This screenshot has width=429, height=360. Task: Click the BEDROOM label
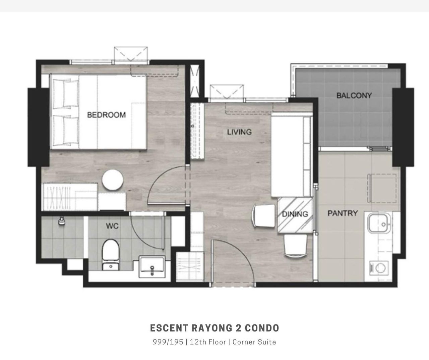pyautogui.click(x=107, y=115)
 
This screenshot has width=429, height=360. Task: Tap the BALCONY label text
pyautogui.click(x=354, y=95)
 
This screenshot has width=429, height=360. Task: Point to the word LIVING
pyautogui.click(x=239, y=132)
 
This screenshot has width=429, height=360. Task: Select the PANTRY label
pyautogui.click(x=343, y=213)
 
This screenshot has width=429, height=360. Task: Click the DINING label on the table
pyautogui.click(x=295, y=214)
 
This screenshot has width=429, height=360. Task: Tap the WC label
pyautogui.click(x=112, y=226)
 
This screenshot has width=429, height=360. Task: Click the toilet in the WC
pyautogui.click(x=111, y=255)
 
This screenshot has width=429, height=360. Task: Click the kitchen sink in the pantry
pyautogui.click(x=379, y=223)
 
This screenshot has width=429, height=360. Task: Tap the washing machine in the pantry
pyautogui.click(x=379, y=268)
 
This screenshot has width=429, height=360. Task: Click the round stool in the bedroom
pyautogui.click(x=113, y=180)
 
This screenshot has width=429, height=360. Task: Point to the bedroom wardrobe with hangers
pyautogui.click(x=69, y=197)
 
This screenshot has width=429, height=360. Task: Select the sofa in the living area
pyautogui.click(x=292, y=155)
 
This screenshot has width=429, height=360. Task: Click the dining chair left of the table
pyautogui.click(x=264, y=216)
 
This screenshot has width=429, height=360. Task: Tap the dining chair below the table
pyautogui.click(x=296, y=246)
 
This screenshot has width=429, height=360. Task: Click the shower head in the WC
pyautogui.click(x=61, y=221)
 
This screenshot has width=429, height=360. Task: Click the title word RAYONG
pyautogui.click(x=212, y=328)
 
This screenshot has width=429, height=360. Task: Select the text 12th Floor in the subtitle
pyautogui.click(x=208, y=342)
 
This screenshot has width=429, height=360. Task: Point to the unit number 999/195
pyautogui.click(x=168, y=342)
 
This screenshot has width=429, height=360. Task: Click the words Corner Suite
pyautogui.click(x=254, y=342)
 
